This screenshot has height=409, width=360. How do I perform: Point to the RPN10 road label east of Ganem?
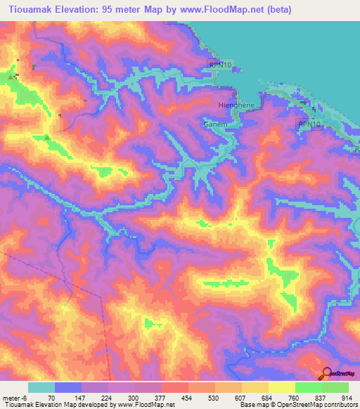(309, 124)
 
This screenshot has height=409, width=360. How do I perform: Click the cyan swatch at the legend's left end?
(41, 387)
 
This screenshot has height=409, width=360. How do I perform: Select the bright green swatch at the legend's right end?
(335, 387)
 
